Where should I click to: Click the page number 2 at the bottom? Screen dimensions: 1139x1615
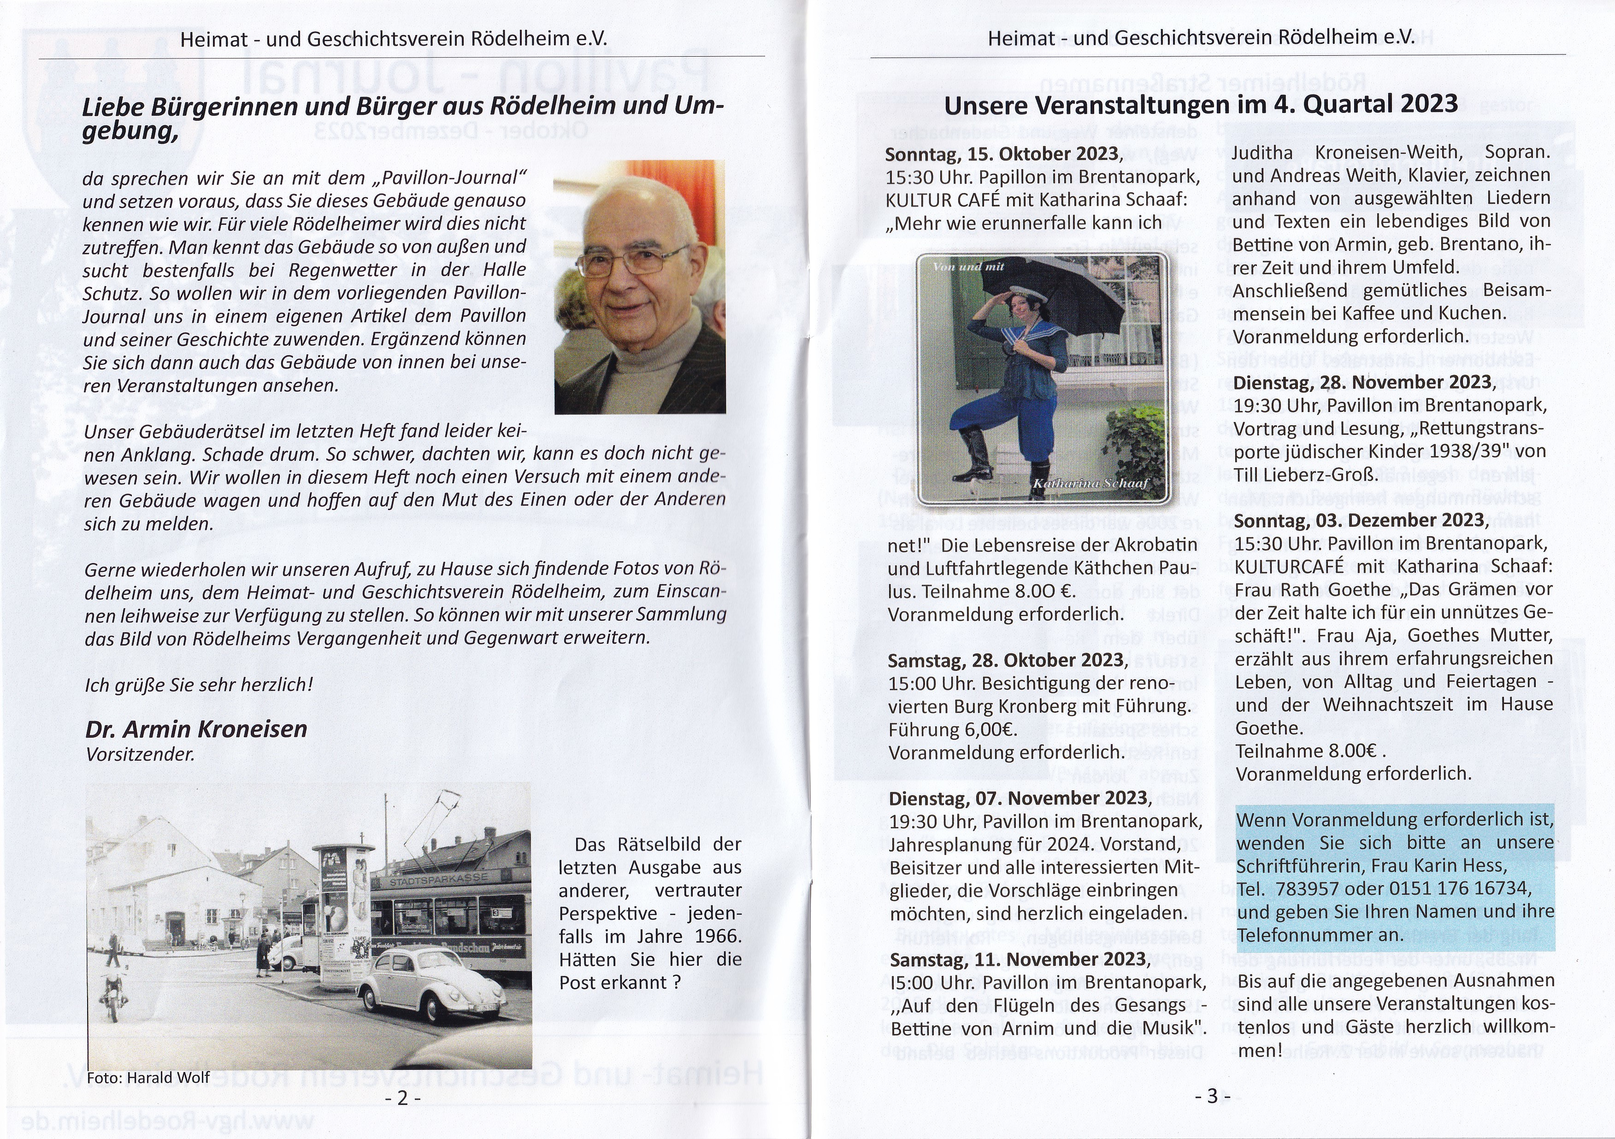click(402, 1098)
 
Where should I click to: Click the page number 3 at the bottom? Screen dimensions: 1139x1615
click(1212, 1095)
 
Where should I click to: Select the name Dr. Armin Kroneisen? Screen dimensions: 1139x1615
click(196, 729)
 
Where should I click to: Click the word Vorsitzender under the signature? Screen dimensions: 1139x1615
click(140, 754)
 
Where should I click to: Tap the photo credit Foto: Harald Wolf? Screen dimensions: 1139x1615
click(148, 1077)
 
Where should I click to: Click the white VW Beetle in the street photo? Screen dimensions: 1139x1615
click(432, 981)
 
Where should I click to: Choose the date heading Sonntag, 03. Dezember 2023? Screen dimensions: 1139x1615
click(1361, 520)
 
